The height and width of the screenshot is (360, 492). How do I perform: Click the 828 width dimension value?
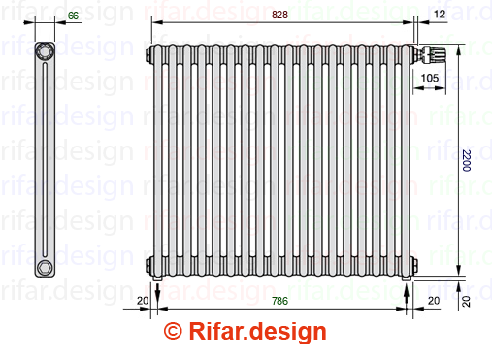[x=279, y=15]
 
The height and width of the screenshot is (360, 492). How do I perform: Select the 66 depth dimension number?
[x=73, y=16]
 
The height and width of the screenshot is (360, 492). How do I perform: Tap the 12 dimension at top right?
[x=440, y=14]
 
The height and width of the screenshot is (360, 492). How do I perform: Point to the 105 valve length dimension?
[x=430, y=78]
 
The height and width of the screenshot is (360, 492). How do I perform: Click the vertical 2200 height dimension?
[x=466, y=160]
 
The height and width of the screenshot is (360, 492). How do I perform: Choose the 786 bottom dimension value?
[x=279, y=301]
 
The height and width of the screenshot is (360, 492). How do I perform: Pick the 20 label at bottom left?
[x=143, y=301]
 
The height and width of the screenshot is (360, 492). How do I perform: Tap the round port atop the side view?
[x=45, y=50]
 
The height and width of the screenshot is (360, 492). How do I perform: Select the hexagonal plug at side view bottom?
[x=45, y=268]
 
